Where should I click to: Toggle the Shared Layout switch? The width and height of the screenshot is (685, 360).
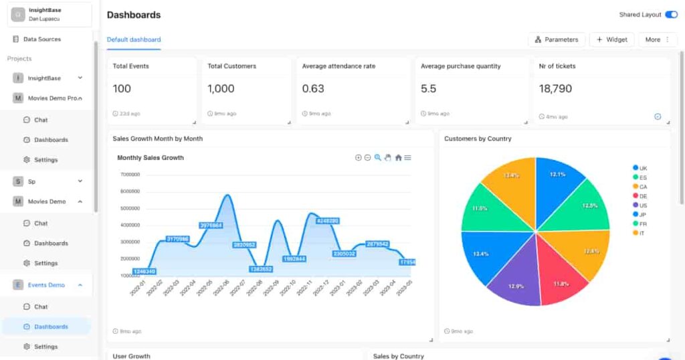671,15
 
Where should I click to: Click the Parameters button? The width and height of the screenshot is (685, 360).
557,39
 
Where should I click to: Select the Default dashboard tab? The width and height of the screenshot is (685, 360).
134,39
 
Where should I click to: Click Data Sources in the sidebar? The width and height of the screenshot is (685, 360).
41,39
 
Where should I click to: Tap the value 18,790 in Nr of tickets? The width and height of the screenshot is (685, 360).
555,88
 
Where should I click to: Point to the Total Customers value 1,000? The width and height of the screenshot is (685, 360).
221,88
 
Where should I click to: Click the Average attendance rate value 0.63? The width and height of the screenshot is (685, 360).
313,88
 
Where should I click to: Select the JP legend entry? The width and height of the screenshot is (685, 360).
642,215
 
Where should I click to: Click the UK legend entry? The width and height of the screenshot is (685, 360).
642,168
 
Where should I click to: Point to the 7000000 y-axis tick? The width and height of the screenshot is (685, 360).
130,175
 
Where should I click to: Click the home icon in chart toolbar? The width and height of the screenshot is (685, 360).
398,157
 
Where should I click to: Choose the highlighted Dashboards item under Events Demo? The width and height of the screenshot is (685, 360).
51,327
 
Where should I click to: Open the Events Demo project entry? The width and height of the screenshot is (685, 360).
46,285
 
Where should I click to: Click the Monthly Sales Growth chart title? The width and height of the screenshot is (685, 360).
151,158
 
